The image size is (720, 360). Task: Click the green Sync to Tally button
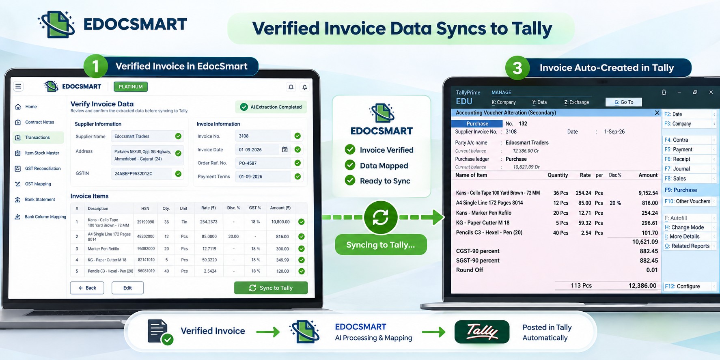pos(271,288)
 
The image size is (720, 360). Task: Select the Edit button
pos(127,288)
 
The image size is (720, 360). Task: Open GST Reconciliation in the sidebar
pos(43,168)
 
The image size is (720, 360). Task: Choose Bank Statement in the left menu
pos(40,199)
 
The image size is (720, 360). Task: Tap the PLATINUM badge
pos(131,86)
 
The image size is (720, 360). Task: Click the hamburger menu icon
pos(18,86)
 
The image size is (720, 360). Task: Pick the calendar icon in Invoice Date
pos(285,149)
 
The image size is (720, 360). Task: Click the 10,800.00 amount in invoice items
pos(280,222)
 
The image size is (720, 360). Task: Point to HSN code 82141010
pos(146,260)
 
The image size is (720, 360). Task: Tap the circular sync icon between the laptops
pos(380,217)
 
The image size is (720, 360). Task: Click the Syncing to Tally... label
pos(381,245)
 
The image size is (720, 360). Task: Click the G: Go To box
pos(624,102)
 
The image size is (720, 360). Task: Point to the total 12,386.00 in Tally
pos(642,286)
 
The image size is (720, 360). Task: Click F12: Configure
pos(682,286)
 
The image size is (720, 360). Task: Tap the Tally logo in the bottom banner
pos(482,332)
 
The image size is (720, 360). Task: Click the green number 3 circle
pos(517,68)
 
